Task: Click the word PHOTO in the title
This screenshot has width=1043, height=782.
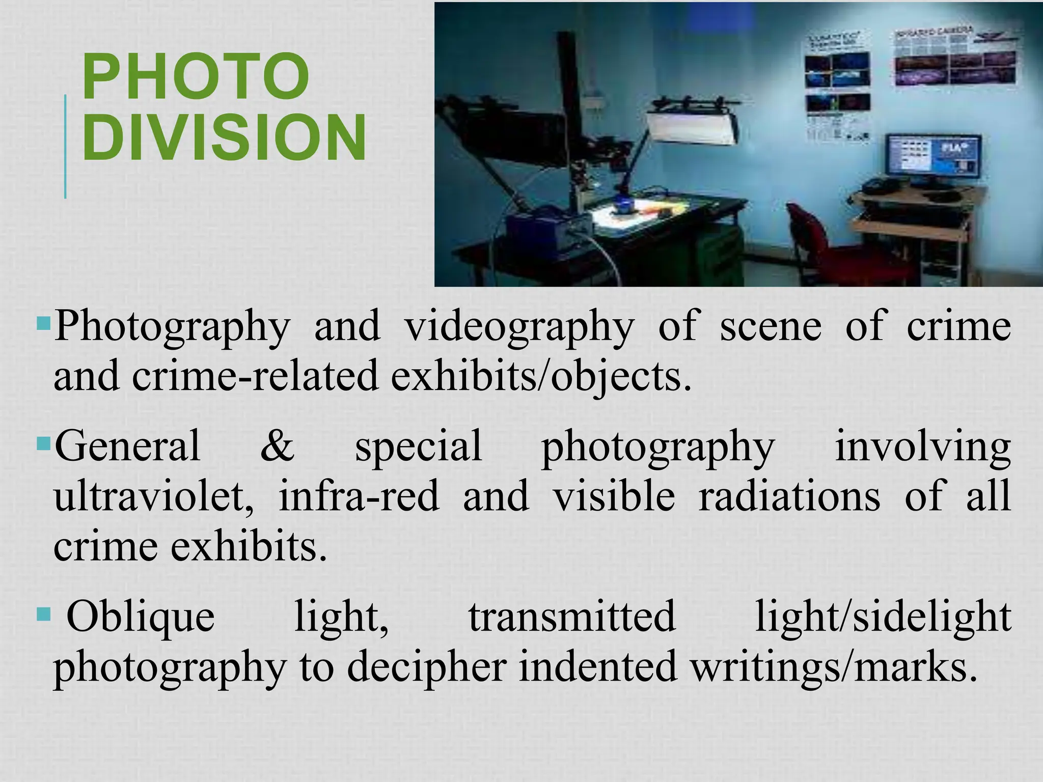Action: pos(196,77)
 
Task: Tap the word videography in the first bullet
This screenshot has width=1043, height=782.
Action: pos(519,326)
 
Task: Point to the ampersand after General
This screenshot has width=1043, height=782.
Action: pos(277,445)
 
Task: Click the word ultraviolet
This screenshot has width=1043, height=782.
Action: pos(153,496)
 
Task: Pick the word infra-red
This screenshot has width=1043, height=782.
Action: pos(359,496)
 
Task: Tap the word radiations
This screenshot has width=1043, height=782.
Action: pos(789,496)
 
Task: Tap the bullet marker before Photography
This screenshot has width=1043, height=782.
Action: pos(44,323)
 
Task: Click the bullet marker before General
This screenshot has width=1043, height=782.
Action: pos(44,442)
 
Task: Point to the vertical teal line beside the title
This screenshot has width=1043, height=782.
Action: pos(65,147)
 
